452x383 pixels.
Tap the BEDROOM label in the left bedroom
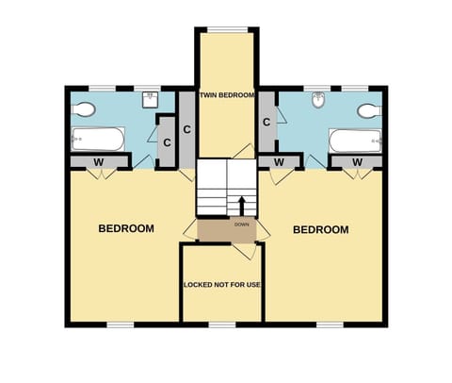click(x=127, y=228)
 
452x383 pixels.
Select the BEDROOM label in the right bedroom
click(x=320, y=229)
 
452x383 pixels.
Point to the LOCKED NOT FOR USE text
click(x=221, y=283)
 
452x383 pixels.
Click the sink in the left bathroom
click(x=150, y=97)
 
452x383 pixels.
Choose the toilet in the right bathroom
click(x=368, y=110)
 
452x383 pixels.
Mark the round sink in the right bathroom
click(x=319, y=98)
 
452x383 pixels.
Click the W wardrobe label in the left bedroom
click(x=98, y=162)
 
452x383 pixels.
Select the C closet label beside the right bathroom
click(x=267, y=123)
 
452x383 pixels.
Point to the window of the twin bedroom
click(x=226, y=30)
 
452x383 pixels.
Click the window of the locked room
click(x=222, y=325)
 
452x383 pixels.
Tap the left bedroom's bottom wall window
click(x=121, y=325)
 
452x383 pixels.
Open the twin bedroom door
click(x=242, y=153)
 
